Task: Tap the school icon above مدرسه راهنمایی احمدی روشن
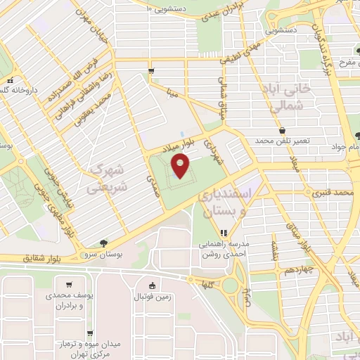(x=224, y=233)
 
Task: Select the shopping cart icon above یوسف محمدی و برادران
(x=68, y=285)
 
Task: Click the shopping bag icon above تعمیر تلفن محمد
(x=282, y=131)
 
